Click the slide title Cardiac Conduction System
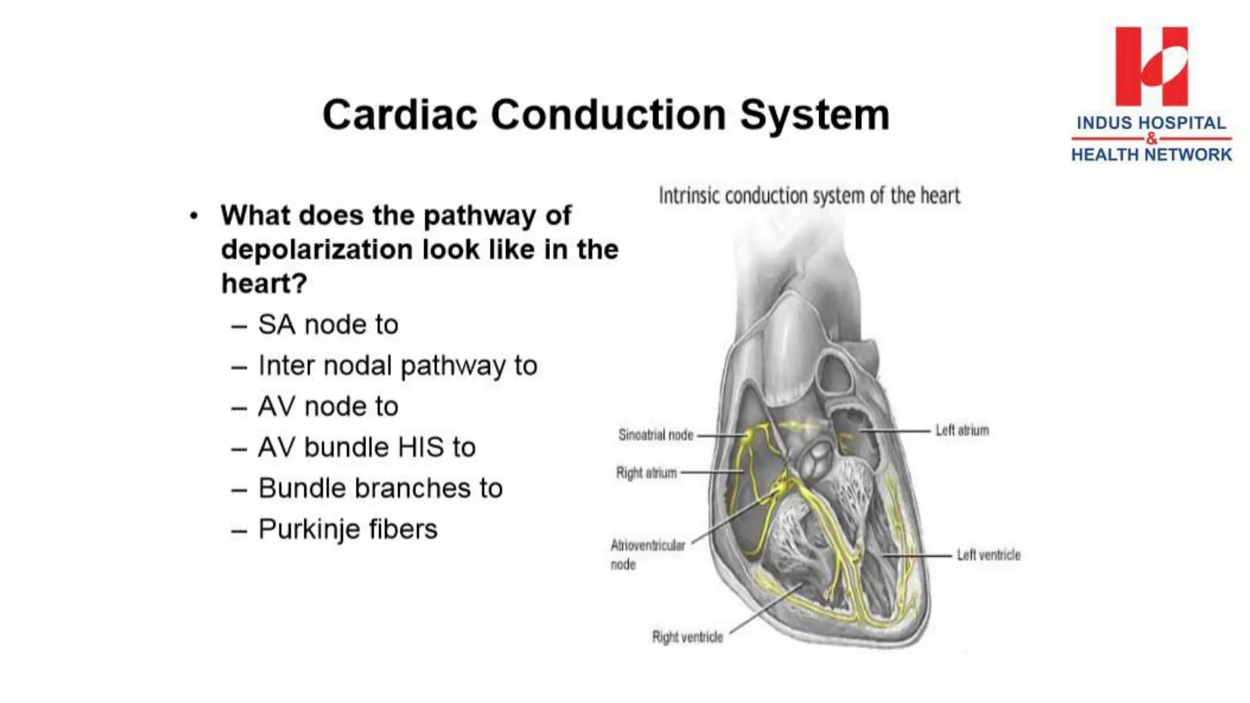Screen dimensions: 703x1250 click(x=605, y=115)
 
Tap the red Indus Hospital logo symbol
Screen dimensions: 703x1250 click(x=1151, y=66)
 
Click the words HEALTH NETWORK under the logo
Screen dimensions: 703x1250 click(x=1151, y=155)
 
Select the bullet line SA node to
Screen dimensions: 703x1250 click(x=328, y=325)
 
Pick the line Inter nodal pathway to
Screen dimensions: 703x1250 click(x=397, y=366)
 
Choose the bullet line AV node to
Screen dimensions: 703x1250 click(x=328, y=406)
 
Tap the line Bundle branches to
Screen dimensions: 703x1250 click(x=380, y=488)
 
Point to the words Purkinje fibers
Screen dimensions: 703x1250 click(x=348, y=529)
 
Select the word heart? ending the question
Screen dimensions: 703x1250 click(x=264, y=284)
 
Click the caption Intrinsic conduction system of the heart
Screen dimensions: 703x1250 click(x=809, y=196)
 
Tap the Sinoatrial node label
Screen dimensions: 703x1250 click(x=656, y=435)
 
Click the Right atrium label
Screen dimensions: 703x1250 click(x=646, y=473)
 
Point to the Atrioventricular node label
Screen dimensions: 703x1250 click(x=647, y=554)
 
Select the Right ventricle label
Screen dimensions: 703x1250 click(x=687, y=637)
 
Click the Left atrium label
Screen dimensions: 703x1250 click(x=962, y=430)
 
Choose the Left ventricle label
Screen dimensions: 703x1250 click(x=988, y=555)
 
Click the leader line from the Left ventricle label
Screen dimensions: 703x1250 click(x=917, y=556)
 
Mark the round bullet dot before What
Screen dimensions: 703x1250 click(x=194, y=216)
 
